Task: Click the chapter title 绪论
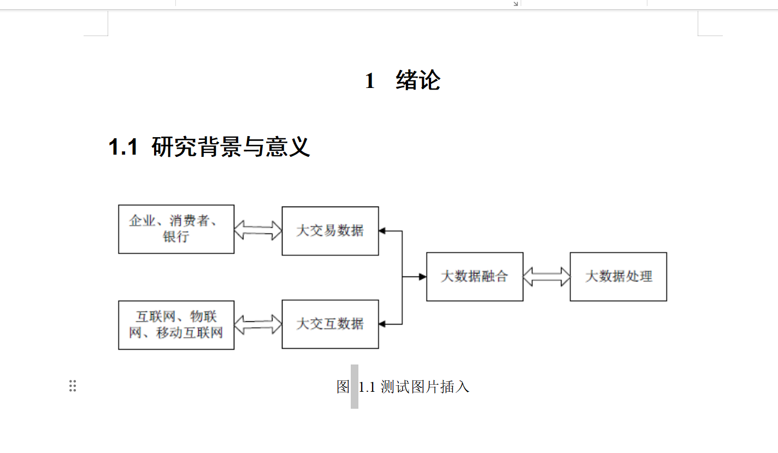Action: tap(418, 81)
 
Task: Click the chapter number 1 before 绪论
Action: tap(370, 81)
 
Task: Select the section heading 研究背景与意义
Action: tap(231, 147)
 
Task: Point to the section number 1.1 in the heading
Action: tap(123, 147)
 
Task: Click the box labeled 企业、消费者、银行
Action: tap(176, 229)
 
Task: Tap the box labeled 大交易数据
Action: tap(330, 231)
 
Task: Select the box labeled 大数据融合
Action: tap(474, 276)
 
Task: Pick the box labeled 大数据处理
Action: tap(618, 276)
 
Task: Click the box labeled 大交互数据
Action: tap(330, 324)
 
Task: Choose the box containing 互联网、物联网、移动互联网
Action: tap(176, 325)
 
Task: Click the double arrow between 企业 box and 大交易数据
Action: tap(258, 230)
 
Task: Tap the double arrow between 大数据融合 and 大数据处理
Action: tap(546, 276)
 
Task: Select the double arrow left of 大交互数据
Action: tap(258, 324)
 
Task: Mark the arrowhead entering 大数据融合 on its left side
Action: tap(422, 277)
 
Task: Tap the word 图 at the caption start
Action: tap(343, 387)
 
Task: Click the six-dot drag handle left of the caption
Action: tap(73, 386)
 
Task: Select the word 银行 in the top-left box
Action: tap(176, 237)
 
